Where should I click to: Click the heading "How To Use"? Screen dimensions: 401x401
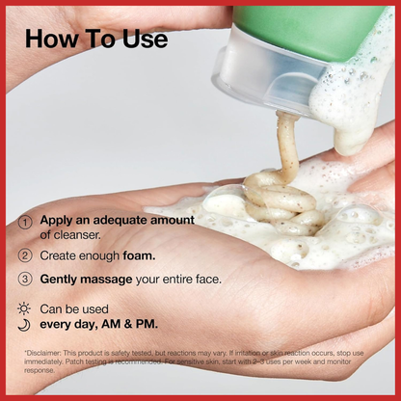(96, 39)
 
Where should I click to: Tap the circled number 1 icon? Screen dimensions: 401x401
(25, 223)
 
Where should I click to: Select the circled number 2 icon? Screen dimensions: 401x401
(25, 255)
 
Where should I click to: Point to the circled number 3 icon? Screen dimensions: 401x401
(25, 279)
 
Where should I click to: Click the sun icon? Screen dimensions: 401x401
(24, 308)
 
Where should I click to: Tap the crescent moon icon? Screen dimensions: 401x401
(24, 325)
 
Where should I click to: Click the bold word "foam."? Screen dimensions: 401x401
(139, 255)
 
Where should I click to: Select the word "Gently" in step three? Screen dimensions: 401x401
(59, 280)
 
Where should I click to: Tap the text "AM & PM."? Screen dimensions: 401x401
(129, 324)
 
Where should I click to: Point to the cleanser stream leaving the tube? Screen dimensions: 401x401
(287, 143)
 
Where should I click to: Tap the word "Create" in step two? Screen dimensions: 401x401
(58, 255)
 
